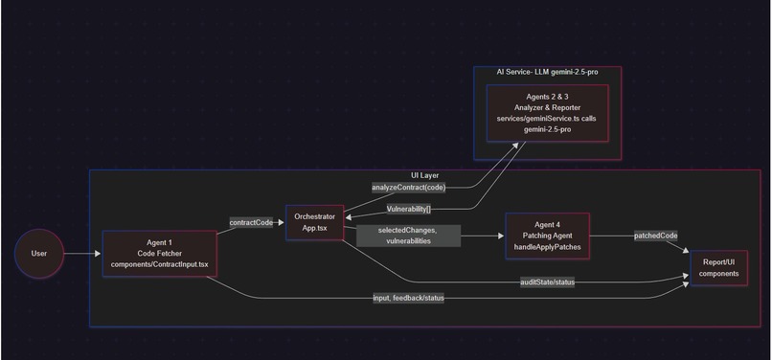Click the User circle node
39,254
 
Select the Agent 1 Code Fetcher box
159,254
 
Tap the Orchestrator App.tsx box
314,223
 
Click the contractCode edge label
251,222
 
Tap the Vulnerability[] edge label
409,208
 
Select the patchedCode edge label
656,235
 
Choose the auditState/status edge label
547,281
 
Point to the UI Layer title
423,175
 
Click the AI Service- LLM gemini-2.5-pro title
547,72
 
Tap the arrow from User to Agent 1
82,254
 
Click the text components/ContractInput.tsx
159,263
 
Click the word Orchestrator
314,217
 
